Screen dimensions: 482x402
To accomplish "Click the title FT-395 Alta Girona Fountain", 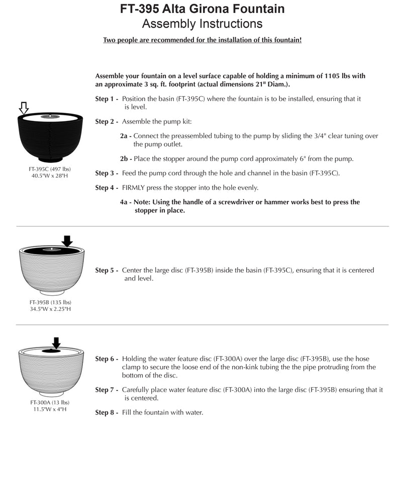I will point(202,9).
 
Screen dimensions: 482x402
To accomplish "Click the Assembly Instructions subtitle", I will point(202,24).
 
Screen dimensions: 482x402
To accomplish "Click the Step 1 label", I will point(107,99).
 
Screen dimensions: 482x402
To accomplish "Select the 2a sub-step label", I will point(126,136).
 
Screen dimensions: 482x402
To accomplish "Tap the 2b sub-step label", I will point(126,159).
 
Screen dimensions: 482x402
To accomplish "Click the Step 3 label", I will point(107,173).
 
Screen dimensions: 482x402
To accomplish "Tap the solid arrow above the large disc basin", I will point(67,241).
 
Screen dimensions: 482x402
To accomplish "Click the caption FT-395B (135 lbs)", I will point(50,302).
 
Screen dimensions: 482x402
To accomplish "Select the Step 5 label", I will point(107,270).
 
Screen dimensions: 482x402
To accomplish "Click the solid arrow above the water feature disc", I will point(56,343).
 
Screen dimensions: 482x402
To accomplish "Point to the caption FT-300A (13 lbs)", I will point(50,402).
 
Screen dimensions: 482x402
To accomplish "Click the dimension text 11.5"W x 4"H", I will point(50,409).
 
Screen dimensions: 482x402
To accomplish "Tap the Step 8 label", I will point(107,413).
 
